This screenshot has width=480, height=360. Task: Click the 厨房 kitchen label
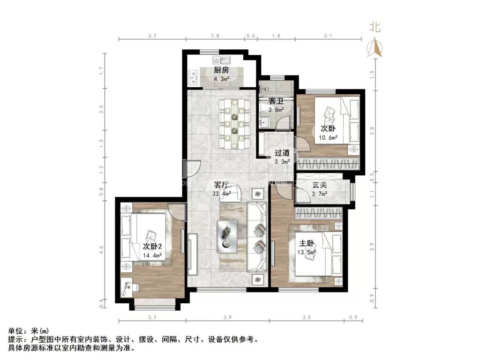pyautogui.click(x=221, y=70)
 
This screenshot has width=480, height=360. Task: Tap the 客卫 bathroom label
pyautogui.click(x=275, y=101)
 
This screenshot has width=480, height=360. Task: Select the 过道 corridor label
pyautogui.click(x=282, y=153)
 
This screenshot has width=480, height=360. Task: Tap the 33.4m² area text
pyautogui.click(x=222, y=194)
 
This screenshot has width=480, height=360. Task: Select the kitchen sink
pyautogui.click(x=221, y=60)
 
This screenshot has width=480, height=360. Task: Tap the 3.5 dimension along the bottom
pyautogui.click(x=307, y=318)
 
